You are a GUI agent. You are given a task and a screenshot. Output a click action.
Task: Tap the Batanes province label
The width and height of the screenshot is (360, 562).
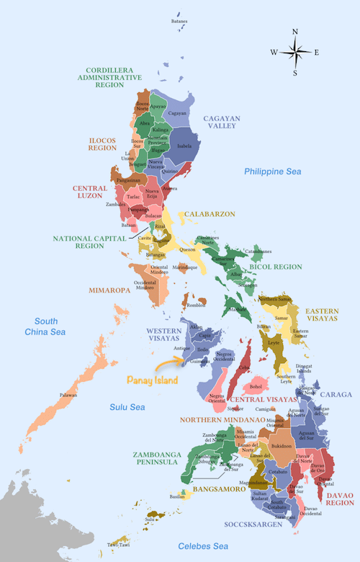pyautogui.click(x=179, y=21)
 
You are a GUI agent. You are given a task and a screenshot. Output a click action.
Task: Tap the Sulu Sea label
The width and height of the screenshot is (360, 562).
pyautogui.click(x=127, y=408)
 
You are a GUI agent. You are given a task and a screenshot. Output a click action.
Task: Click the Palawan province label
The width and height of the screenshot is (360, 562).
pyautogui.click(x=68, y=395)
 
